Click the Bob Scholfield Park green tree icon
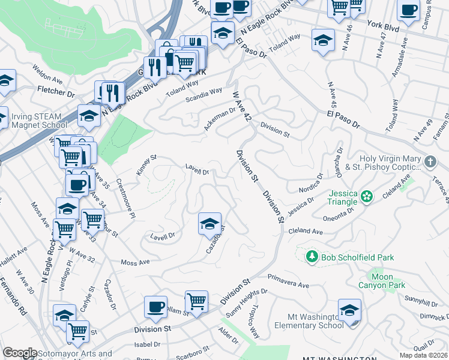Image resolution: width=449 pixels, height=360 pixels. pyautogui.click(x=312, y=257)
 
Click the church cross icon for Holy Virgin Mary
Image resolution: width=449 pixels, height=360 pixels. pyautogui.click(x=430, y=162)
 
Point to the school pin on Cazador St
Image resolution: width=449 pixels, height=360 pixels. pyautogui.click(x=209, y=224)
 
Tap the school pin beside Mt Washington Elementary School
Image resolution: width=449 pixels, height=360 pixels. pyautogui.click(x=349, y=310)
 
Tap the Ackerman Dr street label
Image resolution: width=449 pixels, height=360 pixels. pyautogui.click(x=219, y=112)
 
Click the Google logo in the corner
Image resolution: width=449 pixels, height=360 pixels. pyautogui.click(x=20, y=353)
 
